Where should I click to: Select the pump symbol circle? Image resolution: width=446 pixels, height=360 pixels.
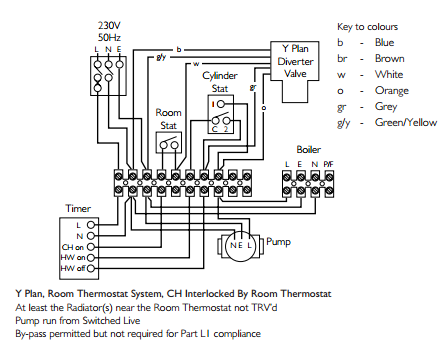240,246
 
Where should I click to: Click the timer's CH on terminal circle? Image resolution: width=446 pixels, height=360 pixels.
91,247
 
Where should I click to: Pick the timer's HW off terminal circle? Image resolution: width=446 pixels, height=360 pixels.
91,268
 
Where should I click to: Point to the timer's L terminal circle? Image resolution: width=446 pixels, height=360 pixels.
91,225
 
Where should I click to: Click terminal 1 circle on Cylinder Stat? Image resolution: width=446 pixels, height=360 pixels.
220,104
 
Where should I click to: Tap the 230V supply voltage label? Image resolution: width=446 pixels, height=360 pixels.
109,25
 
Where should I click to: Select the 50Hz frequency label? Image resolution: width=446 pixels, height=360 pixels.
109,37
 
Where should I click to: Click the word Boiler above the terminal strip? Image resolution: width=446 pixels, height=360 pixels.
309,149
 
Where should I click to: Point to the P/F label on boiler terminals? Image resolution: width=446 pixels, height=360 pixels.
328,164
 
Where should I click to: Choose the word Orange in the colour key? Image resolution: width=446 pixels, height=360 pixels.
392,91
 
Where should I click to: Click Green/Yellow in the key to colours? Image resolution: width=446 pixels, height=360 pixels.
406,123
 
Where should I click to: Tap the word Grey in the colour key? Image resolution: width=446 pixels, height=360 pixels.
386,107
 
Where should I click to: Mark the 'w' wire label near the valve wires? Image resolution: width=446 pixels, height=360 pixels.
196,64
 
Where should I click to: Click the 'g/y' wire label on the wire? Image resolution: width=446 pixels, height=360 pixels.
161,57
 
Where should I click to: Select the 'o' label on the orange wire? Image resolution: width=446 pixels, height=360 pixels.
264,108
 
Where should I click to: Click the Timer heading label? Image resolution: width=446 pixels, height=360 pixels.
78,209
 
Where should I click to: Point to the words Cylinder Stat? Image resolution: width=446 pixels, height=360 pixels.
220,82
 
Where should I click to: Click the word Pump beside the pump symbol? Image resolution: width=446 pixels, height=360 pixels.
278,242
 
